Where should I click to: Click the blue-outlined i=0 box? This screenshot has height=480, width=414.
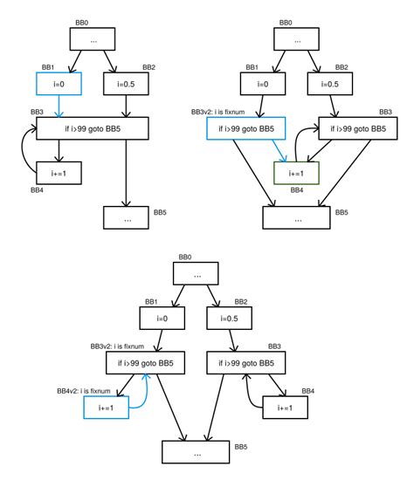(x=59, y=84)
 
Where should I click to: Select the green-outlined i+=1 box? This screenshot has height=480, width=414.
(x=298, y=173)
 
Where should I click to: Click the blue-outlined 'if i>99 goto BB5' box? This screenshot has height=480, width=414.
(x=241, y=129)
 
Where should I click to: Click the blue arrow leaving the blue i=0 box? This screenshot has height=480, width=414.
(x=59, y=106)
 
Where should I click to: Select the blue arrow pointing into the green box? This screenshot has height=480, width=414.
(x=281, y=151)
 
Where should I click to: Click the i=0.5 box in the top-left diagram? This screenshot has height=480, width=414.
(x=128, y=84)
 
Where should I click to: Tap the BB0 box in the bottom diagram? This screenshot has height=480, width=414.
(x=197, y=275)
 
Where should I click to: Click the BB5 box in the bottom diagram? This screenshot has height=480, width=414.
(x=197, y=453)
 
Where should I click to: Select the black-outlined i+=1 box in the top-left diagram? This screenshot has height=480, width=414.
(x=59, y=173)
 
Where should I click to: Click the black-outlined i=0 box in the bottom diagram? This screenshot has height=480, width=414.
(x=162, y=320)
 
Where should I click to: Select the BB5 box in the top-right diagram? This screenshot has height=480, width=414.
(x=298, y=216)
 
